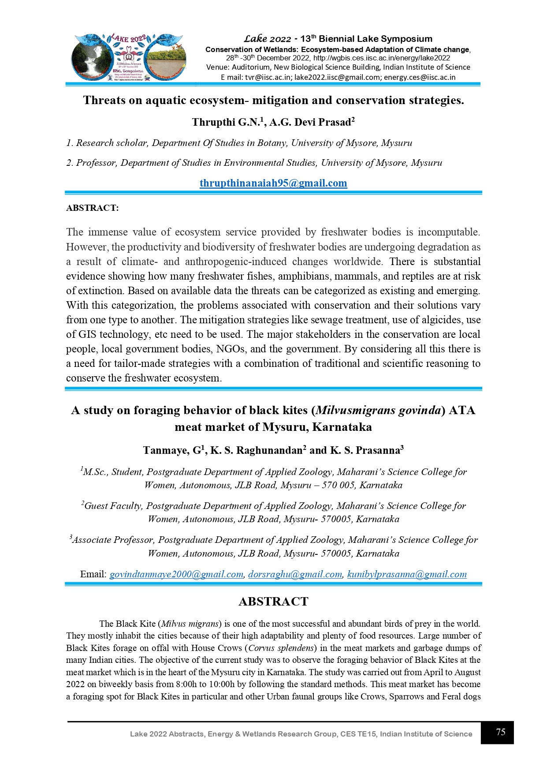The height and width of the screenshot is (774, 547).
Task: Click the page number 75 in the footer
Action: click(x=500, y=732)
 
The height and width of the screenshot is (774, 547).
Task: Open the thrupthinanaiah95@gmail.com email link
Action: click(x=273, y=183)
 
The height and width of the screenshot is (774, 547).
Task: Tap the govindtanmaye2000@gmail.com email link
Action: click(x=176, y=574)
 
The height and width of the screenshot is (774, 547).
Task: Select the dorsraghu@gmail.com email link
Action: click(x=295, y=574)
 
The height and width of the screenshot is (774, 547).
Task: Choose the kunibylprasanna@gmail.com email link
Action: click(x=407, y=574)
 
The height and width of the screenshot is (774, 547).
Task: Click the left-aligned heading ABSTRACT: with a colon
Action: click(x=92, y=208)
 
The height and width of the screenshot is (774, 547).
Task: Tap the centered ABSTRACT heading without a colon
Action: click(x=273, y=602)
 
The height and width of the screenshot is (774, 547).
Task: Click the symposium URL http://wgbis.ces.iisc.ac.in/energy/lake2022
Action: click(x=382, y=58)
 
